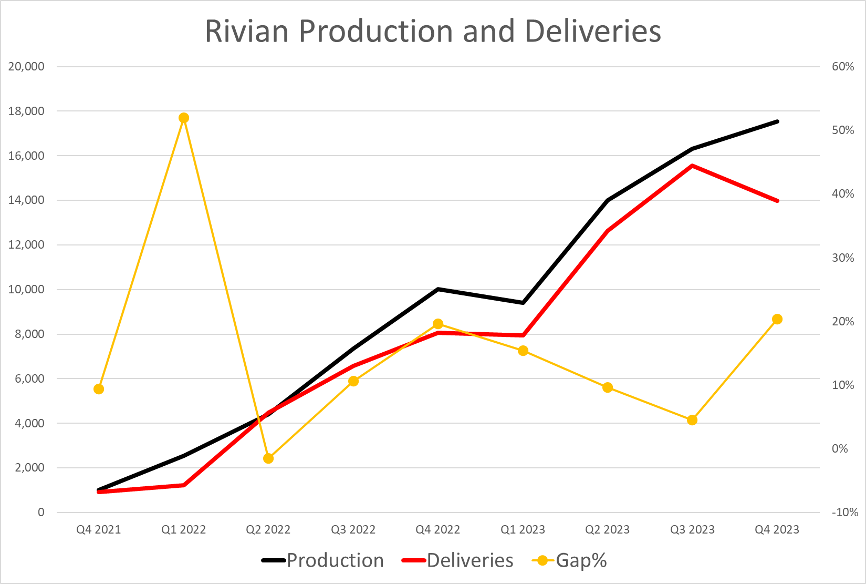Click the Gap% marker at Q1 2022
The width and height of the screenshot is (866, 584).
click(184, 118)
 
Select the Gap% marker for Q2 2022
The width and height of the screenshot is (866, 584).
click(268, 458)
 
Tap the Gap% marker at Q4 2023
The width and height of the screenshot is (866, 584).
click(777, 319)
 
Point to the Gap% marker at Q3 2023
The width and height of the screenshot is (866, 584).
click(692, 420)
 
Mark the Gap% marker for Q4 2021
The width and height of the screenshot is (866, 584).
click(99, 389)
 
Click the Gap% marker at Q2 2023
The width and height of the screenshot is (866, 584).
click(608, 387)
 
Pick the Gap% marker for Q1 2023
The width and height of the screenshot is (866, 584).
click(523, 351)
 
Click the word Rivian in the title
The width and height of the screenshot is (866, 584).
click(246, 31)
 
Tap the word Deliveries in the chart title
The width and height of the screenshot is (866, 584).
click(592, 31)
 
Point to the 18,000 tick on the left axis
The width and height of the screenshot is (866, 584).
click(26, 111)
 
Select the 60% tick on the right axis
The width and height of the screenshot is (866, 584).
click(843, 67)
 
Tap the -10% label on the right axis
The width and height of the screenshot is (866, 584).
click(844, 512)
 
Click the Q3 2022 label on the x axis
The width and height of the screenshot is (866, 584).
click(353, 529)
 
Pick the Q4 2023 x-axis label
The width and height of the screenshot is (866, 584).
click(777, 529)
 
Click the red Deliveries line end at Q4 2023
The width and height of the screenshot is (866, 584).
click(777, 201)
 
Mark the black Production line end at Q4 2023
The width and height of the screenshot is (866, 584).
click(777, 121)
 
